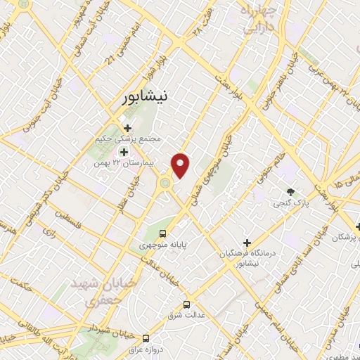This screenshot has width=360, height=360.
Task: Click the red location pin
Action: tap(181, 165)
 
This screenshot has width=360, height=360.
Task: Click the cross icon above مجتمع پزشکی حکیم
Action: tap(127, 128)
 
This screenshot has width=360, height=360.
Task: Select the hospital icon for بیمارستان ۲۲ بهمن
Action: tap(124, 153)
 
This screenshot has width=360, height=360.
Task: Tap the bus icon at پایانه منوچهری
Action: tap(163, 233)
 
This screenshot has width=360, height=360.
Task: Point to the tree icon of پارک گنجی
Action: tap(290, 192)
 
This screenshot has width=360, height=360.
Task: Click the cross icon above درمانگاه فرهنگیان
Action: tap(245, 241)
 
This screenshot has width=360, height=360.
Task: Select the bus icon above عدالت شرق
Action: tap(186, 304)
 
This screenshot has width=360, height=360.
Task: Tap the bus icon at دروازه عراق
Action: tap(146, 337)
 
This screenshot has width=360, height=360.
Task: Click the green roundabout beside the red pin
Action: tap(165, 184)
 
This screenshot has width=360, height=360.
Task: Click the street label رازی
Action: tap(49, 230)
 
